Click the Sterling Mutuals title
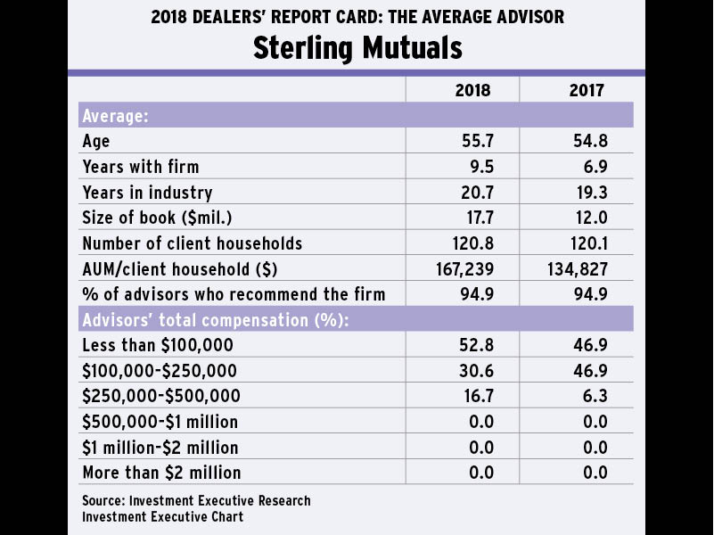[x=357, y=47]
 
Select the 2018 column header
[x=472, y=90]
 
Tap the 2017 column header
[x=587, y=90]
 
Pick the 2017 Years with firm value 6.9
[x=592, y=167]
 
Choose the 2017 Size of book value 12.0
[x=589, y=218]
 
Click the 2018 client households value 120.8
[x=472, y=243]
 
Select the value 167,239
[x=464, y=269]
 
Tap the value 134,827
[x=578, y=269]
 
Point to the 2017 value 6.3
[x=593, y=396]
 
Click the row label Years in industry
[x=147, y=193]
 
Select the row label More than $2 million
[x=161, y=473]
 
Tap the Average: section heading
[x=115, y=116]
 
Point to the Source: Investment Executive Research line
[x=196, y=500]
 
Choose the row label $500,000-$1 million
[x=160, y=422]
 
